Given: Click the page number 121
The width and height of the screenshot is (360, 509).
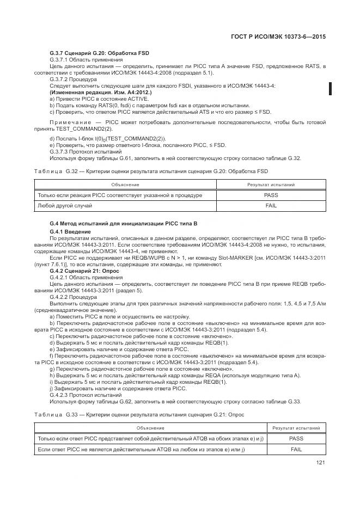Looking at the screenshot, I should point(320,463).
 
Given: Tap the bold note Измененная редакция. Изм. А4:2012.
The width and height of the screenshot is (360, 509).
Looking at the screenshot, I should point(86,93).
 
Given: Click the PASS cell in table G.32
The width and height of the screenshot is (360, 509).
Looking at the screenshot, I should point(271,195).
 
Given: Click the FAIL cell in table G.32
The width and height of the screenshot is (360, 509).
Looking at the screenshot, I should point(271,206).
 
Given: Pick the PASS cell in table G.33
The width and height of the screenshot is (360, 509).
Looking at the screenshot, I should point(296,438).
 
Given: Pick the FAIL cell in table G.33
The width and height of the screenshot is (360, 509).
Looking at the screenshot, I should point(296,449).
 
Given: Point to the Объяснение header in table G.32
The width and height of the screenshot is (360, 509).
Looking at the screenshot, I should point(125,185).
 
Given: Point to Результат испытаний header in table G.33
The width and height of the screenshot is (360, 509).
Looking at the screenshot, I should point(296,428).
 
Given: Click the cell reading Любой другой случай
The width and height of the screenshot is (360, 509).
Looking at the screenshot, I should point(65,206).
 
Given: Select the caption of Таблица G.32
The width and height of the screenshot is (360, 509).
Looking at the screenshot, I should point(150,171).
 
